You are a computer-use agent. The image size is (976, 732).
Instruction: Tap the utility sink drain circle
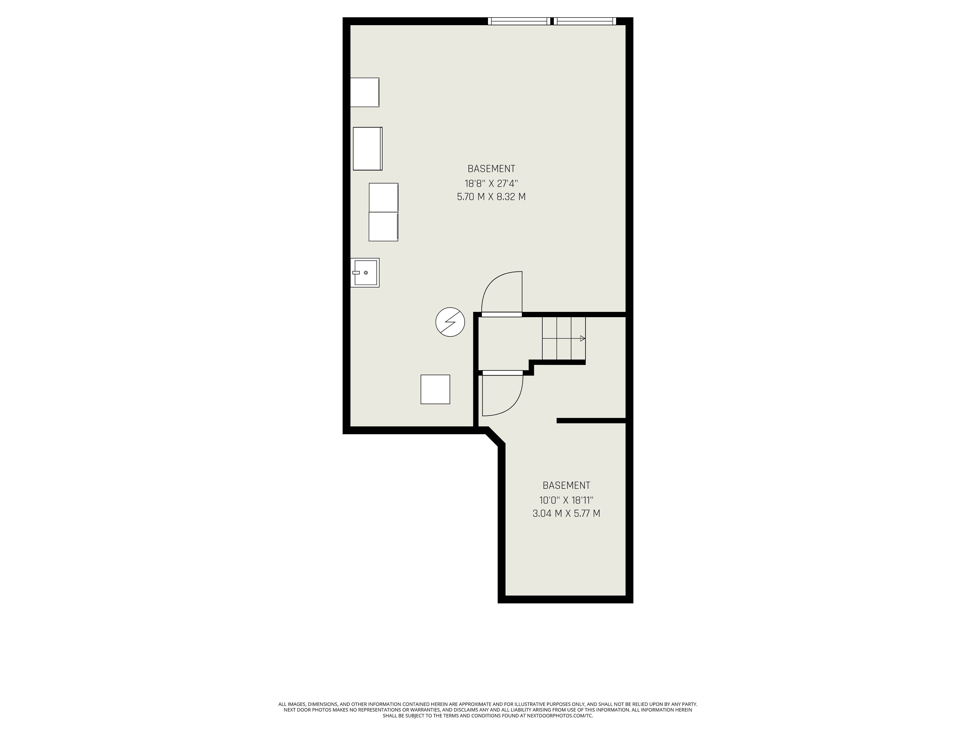[366, 273]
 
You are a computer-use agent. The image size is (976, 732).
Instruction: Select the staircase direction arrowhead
[583, 339]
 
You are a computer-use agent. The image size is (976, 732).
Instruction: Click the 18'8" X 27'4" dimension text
[491, 183]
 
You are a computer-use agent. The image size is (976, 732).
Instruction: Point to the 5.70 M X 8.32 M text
[491, 197]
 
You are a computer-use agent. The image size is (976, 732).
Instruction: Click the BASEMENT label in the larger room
[491, 169]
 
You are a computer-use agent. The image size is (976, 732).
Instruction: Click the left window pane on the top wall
[519, 21]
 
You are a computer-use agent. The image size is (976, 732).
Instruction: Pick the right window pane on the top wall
[584, 21]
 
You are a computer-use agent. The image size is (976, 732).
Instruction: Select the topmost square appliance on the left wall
[364, 92]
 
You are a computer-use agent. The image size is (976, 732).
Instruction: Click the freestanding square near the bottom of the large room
[435, 389]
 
